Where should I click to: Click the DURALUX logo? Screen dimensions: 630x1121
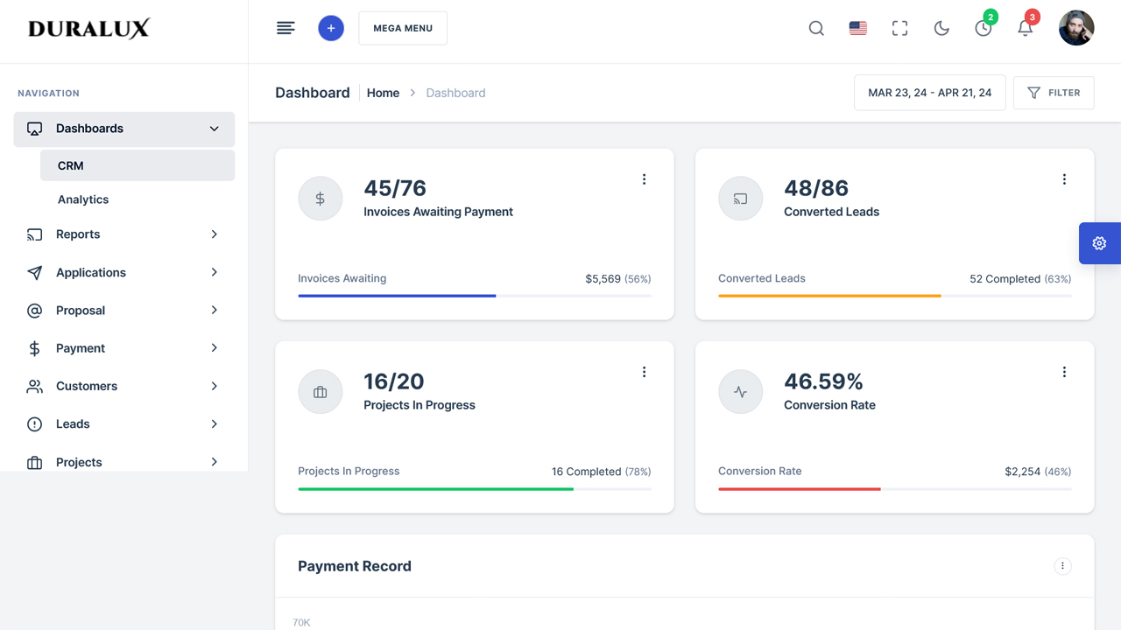coord(88,29)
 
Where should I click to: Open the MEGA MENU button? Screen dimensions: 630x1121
coord(403,28)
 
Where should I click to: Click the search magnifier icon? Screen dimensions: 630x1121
coord(816,28)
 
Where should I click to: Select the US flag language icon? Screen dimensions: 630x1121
coord(858,28)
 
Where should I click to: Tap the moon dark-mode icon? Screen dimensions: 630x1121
coord(941,28)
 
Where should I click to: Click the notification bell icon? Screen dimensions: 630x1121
coord(1025,29)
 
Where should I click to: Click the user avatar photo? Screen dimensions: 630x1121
coord(1076,28)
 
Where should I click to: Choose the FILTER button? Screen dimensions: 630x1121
coord(1054,93)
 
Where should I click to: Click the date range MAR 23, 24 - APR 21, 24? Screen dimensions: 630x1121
coord(929,93)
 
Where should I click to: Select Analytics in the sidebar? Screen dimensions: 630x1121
coord(83,199)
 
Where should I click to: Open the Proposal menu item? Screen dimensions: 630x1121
coord(81,311)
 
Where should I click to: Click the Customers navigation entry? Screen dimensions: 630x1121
coord(87,386)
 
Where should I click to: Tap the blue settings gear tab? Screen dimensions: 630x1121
coord(1099,243)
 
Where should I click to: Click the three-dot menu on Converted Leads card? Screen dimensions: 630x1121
coord(1064,179)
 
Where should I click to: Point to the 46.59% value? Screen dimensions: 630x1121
coord(823,381)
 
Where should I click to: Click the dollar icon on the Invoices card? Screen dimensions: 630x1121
coord(321,199)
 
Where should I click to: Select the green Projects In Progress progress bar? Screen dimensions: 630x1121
coord(435,489)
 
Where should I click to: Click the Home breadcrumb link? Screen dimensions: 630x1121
coord(383,93)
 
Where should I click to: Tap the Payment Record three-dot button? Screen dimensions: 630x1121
coord(1062,566)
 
